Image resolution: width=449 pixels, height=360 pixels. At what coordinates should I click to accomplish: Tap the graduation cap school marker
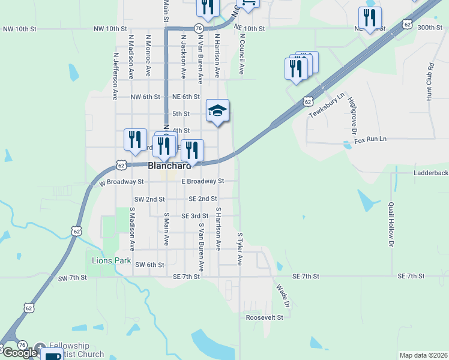217,110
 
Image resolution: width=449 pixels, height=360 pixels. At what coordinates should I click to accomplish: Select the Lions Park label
111,261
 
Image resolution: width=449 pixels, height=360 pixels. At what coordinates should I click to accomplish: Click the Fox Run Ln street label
370,139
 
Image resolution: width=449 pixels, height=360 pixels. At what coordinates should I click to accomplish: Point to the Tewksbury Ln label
327,105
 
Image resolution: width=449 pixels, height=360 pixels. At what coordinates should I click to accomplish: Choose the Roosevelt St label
264,317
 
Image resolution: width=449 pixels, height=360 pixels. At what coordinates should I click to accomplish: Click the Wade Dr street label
283,296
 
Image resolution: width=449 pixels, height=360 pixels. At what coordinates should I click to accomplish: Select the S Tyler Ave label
240,249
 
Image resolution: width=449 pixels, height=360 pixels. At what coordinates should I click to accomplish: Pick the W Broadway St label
122,181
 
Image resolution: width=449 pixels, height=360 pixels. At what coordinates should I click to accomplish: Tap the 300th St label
429,28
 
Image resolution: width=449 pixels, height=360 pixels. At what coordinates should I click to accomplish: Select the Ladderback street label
430,173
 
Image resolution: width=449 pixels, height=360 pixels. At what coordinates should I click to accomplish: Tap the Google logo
19,353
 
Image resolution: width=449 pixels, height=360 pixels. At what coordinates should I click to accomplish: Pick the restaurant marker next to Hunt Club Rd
370,17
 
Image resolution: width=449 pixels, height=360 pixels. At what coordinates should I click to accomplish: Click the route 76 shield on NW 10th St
198,28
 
